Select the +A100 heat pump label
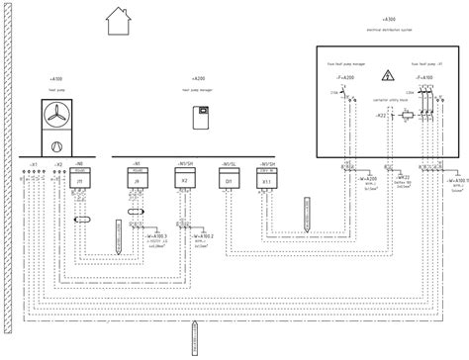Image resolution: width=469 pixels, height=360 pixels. pyautogui.click(x=55, y=76)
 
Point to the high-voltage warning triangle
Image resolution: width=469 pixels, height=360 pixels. pyautogui.click(x=388, y=74)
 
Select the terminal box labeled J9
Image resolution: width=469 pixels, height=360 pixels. pyautogui.click(x=137, y=182)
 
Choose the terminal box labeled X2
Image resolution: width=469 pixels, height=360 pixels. pyautogui.click(x=185, y=182)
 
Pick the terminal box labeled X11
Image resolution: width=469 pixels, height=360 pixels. pyautogui.click(x=265, y=182)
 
